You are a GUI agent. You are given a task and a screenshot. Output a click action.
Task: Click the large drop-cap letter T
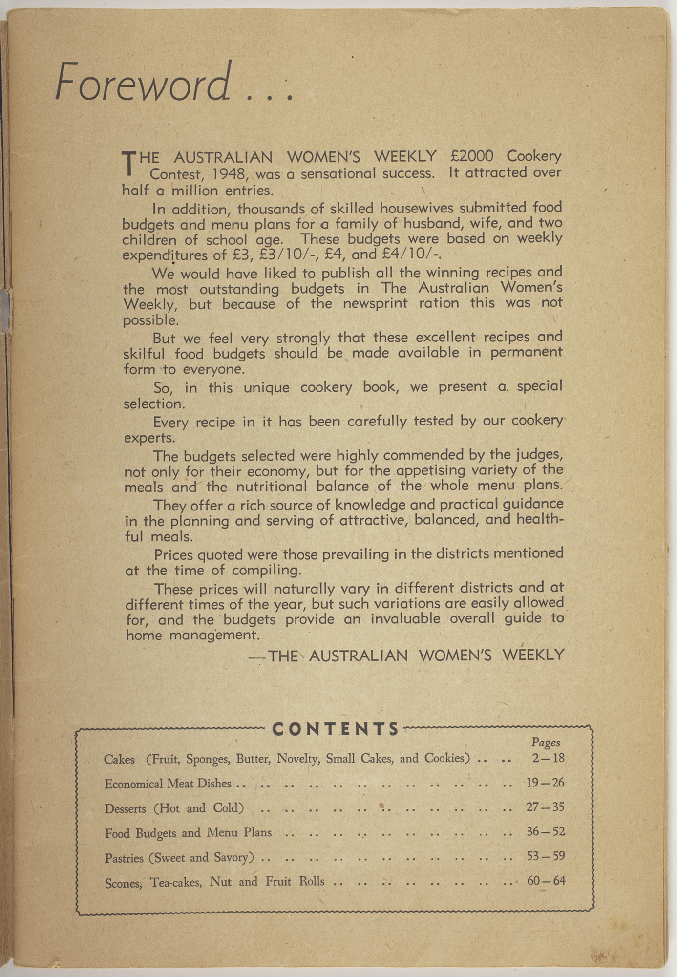pos(127,163)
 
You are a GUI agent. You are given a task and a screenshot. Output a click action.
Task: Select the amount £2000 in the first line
pos(472,156)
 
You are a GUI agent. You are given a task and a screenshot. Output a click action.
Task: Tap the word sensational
pos(338,173)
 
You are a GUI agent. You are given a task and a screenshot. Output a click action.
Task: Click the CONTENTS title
pos(336,729)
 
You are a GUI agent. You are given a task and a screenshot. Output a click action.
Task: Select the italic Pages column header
pos(546,743)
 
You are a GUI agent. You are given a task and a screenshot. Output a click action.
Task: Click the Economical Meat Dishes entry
pos(168,784)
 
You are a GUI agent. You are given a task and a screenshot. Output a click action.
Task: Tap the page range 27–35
pos(545,807)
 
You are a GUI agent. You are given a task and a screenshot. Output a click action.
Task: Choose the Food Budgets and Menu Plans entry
pos(188,832)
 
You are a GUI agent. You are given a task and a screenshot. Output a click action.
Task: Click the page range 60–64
pos(546,881)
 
